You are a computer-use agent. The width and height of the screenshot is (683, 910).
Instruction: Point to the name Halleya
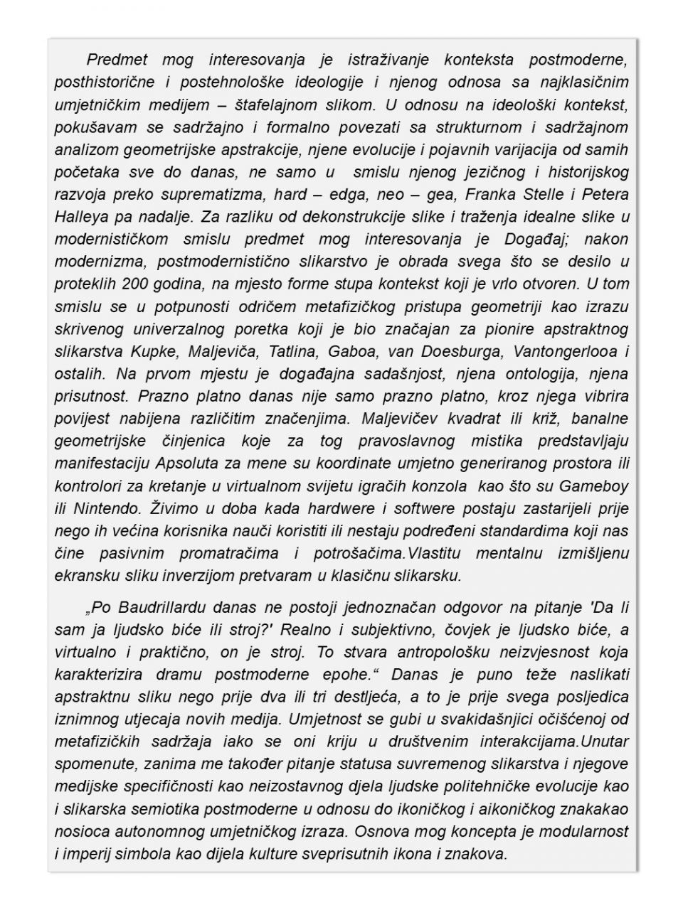[81, 217]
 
